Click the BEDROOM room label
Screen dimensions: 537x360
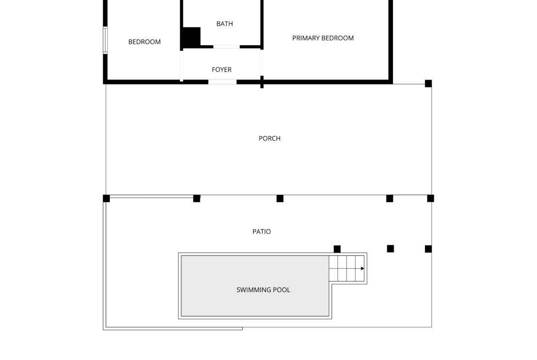coord(144,42)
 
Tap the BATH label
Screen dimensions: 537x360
coord(224,23)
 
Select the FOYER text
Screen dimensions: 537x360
coord(222,69)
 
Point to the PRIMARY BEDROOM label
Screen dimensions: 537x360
coord(323,38)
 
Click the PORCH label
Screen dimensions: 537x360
coord(269,138)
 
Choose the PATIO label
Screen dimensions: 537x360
coord(262,232)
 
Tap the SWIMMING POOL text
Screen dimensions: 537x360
coord(263,290)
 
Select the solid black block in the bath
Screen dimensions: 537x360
coord(190,37)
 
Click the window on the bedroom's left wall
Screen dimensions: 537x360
coord(106,40)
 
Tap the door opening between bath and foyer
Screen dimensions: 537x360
coord(226,46)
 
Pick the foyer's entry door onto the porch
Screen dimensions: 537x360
coord(222,82)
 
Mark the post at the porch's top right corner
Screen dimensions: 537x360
coord(428,83)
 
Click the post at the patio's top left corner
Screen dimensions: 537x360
coord(106,199)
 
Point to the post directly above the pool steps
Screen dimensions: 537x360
coord(337,249)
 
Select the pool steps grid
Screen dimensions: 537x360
coord(347,269)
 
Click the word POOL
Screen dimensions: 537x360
coord(281,290)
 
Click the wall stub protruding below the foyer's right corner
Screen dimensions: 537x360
coord(262,84)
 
